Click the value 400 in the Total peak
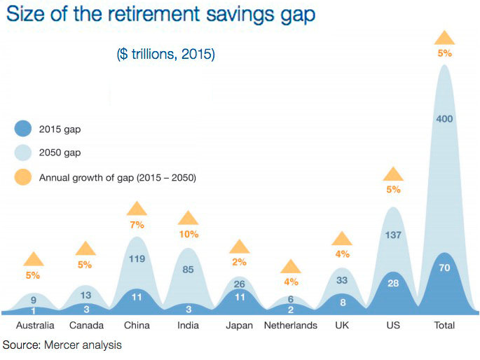tap(444, 119)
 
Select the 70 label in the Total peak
tap(444, 268)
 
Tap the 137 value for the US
tap(393, 235)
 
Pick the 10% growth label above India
tap(188, 235)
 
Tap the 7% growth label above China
tap(137, 225)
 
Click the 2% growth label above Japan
tap(240, 263)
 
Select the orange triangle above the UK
tap(342, 238)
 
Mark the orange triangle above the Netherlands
tap(291, 266)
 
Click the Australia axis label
tap(35, 326)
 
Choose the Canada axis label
tap(86, 326)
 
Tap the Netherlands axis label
tap(291, 326)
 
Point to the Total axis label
tap(444, 326)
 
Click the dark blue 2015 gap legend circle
tap(23, 130)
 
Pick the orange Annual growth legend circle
tap(23, 177)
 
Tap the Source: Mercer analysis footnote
tap(62, 345)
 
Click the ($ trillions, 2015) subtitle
tap(165, 54)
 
